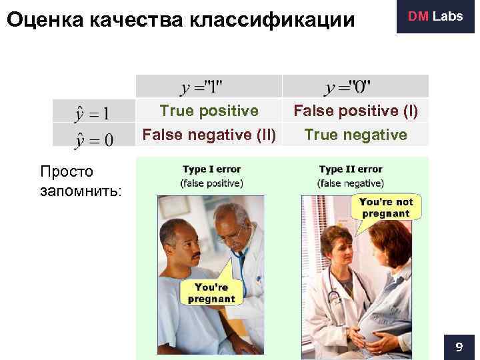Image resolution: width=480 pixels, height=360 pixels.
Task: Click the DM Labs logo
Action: [436, 17]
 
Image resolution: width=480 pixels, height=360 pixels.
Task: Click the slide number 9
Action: [459, 347]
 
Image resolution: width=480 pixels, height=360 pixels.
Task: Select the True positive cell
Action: [209, 110]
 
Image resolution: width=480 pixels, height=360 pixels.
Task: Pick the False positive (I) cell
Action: [356, 110]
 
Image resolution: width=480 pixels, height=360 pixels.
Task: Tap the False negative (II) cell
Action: [209, 135]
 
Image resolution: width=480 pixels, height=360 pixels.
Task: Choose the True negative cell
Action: [355, 135]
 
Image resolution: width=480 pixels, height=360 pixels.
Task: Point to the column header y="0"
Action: [349, 87]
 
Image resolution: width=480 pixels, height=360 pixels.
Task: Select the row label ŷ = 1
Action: [93, 111]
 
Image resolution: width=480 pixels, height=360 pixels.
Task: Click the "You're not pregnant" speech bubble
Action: [386, 207]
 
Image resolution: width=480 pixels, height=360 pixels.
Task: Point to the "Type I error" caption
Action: [211, 169]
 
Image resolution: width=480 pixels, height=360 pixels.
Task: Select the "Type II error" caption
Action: [351, 169]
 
